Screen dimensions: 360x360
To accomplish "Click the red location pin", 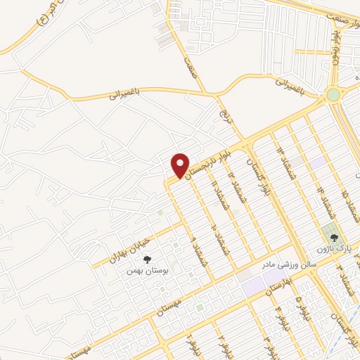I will (181, 165).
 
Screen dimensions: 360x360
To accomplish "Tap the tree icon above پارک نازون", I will (335, 238).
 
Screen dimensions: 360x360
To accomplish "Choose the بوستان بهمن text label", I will (147, 271).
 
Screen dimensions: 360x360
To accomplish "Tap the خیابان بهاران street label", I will (126, 250).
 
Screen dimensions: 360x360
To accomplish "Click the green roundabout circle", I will (333, 95).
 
